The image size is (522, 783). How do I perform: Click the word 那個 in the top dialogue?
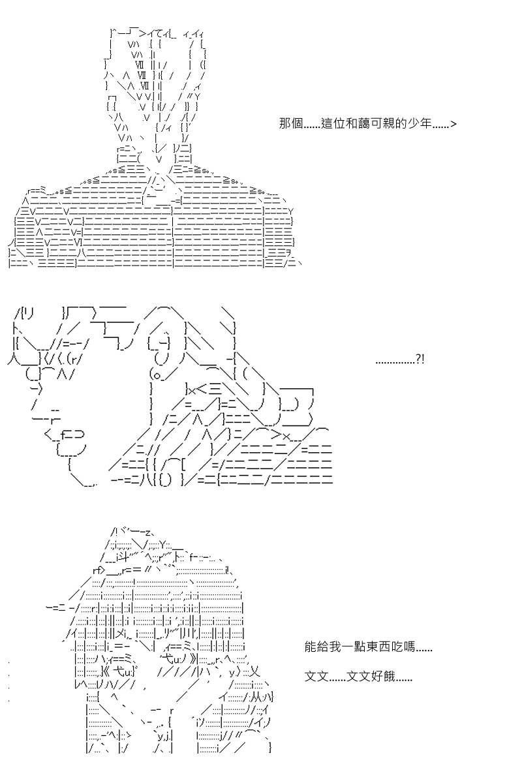coord(291,123)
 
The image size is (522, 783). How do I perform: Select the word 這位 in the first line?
coord(332,123)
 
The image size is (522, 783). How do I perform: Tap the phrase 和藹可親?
coord(370,123)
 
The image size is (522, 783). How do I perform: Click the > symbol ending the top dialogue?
coord(453,124)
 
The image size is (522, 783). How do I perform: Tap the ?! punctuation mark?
coord(420,359)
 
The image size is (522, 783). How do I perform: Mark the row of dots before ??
coord(395,363)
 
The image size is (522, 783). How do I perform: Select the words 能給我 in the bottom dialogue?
coord(323,647)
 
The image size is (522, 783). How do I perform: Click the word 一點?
coord(354,647)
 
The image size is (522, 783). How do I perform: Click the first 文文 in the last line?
coord(316,677)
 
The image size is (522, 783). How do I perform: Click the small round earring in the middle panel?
coord(157,376)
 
